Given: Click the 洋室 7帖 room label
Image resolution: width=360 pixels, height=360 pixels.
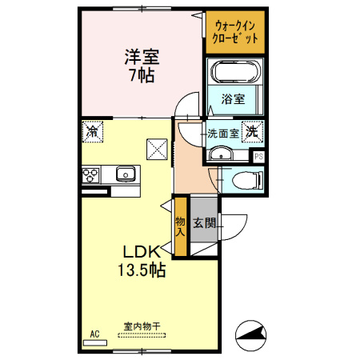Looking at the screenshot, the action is point(142,66).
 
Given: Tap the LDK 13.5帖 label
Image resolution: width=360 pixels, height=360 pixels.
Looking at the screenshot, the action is point(142,261).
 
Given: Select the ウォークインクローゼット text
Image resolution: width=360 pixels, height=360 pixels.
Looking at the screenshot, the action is point(235,32).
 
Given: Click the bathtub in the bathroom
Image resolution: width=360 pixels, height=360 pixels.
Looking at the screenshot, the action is point(235,72).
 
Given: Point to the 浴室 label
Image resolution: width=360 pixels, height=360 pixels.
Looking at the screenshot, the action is point(233,99).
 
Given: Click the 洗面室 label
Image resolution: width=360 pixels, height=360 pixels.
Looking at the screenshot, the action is point(223,134).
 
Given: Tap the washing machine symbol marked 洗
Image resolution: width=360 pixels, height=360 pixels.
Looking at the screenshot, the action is point(252,131).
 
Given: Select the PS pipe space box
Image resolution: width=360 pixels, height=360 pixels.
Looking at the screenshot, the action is point(258,156).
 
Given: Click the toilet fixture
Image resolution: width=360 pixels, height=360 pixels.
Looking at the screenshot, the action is point(247,180).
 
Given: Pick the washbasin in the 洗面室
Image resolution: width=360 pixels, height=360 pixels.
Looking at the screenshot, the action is point(221,154).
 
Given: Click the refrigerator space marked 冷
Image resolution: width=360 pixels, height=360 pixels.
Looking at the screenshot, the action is point(93,131).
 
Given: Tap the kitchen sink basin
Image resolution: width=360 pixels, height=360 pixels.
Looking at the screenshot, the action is point(126,174).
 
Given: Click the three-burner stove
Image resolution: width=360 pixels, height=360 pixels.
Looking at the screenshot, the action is point(90,174).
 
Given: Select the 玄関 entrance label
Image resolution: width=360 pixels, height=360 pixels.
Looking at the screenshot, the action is point(204,222).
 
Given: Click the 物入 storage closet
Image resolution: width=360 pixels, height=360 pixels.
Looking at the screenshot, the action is point(181,226).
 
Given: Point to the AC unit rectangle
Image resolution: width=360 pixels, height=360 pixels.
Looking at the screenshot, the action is point(95,343).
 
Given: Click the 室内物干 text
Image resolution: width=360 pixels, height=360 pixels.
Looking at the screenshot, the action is point(142,326).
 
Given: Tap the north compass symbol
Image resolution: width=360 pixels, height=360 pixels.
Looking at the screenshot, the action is point(250,335).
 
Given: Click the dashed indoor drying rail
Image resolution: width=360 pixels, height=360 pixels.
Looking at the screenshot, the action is point(142,335).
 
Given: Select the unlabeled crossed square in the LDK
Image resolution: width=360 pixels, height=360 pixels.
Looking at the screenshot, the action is point(157,150).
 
